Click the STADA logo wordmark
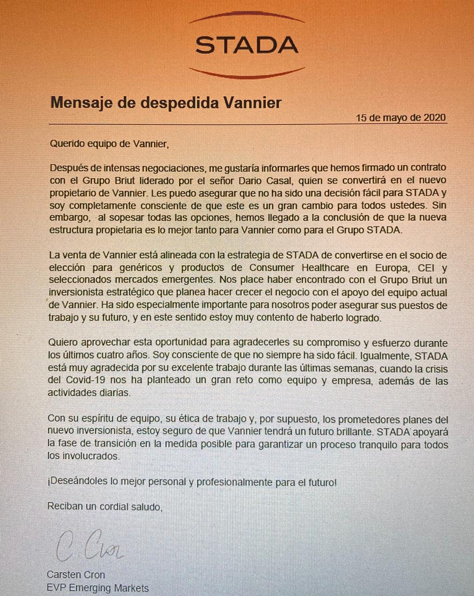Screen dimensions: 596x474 click(247, 45)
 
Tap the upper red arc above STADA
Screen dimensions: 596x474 click(247, 17)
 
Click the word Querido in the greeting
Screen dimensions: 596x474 click(66, 144)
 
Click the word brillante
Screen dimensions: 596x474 click(346, 432)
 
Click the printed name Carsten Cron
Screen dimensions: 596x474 click(76, 575)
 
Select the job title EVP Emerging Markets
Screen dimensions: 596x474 click(98, 588)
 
